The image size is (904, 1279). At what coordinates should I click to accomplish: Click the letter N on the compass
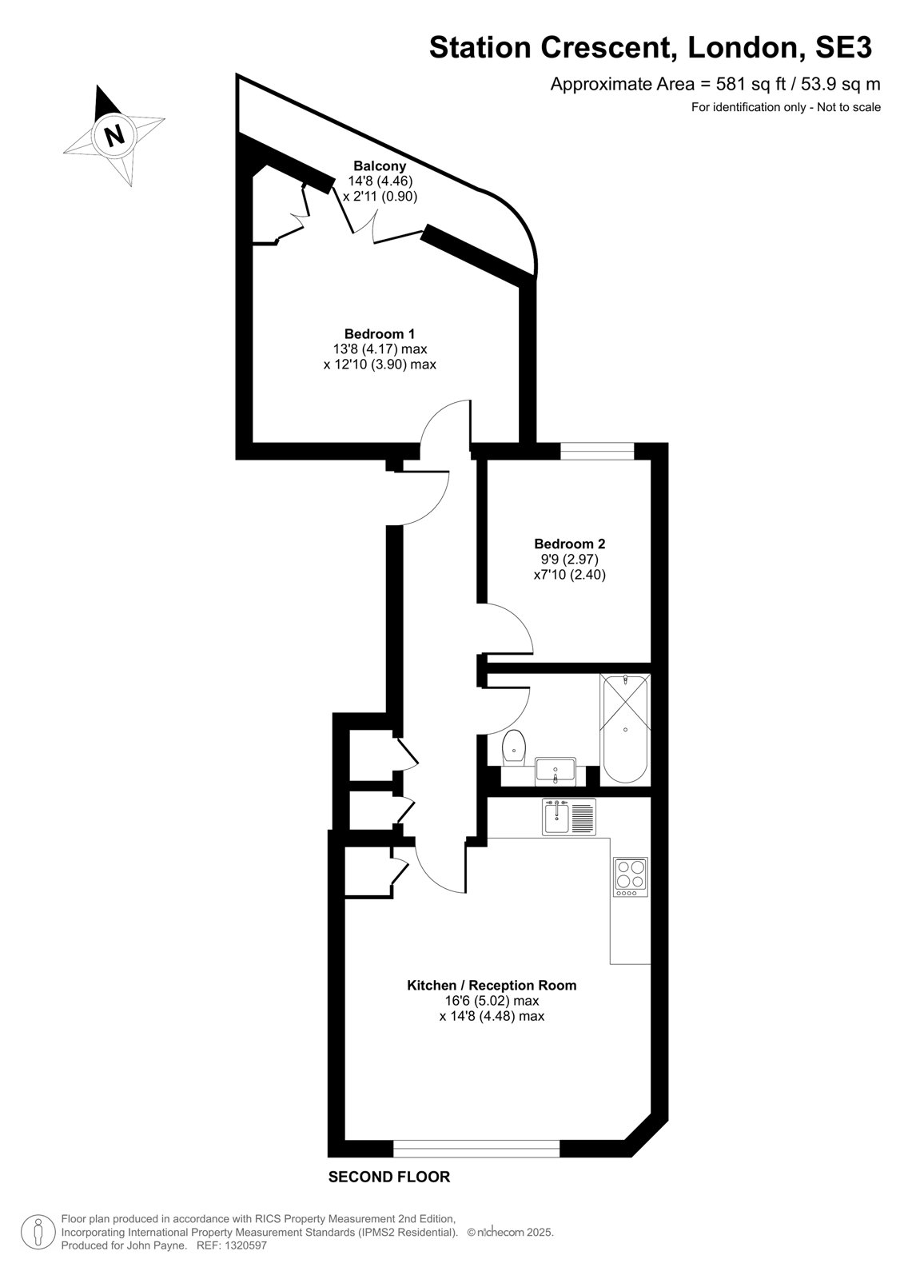tap(115, 135)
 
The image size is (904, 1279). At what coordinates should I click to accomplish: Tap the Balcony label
tap(380, 166)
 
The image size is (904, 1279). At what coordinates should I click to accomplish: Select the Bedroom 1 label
tap(379, 333)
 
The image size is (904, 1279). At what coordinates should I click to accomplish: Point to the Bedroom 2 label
tap(569, 544)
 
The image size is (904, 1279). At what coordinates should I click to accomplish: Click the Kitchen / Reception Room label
tap(492, 985)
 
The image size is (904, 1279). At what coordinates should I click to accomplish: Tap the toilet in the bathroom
tap(514, 747)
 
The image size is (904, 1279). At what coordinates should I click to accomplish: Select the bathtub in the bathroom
tap(625, 729)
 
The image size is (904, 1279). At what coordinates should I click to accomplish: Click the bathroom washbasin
tap(556, 771)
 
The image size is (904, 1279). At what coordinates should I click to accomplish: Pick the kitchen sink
tap(569, 817)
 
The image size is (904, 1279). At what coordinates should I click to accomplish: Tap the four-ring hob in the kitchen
tap(631, 877)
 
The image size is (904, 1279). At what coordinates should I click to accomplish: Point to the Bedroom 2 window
tap(597, 451)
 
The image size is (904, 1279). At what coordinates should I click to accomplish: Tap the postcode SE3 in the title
tap(843, 47)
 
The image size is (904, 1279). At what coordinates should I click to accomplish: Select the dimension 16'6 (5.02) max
tap(492, 1001)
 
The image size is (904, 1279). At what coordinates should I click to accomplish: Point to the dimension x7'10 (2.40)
tap(569, 575)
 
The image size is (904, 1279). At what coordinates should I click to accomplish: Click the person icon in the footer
tap(38, 1233)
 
